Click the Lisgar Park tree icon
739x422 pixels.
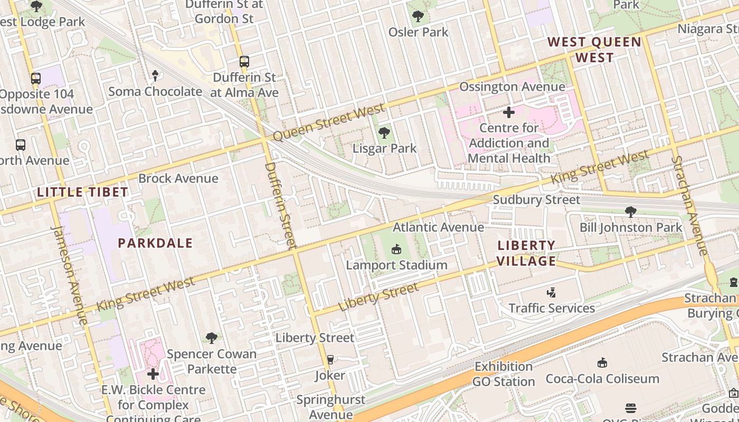[x=384, y=133]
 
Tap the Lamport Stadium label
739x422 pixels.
[x=396, y=265]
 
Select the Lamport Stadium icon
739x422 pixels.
[x=396, y=249]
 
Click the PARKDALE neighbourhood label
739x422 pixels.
[x=155, y=243]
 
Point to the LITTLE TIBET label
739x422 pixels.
[x=83, y=193]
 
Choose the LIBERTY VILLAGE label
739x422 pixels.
[x=526, y=253]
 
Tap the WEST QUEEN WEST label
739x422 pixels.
[x=594, y=50]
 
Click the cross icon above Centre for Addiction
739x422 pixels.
[x=509, y=112]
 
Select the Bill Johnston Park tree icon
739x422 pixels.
[x=630, y=212]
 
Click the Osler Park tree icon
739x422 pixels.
[x=418, y=16]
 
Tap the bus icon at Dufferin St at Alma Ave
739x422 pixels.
[x=244, y=62]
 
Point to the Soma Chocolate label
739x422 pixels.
[x=155, y=91]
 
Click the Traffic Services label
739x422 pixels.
[x=552, y=308]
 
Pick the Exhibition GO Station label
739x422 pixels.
[x=504, y=374]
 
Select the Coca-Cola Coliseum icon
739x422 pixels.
[x=602, y=363]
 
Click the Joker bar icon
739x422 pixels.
[x=330, y=360]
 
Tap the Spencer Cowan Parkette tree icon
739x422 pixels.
[x=212, y=338]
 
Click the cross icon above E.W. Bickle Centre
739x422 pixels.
[x=153, y=374]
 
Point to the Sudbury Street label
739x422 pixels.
[x=536, y=200]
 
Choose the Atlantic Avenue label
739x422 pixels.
[x=438, y=227]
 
